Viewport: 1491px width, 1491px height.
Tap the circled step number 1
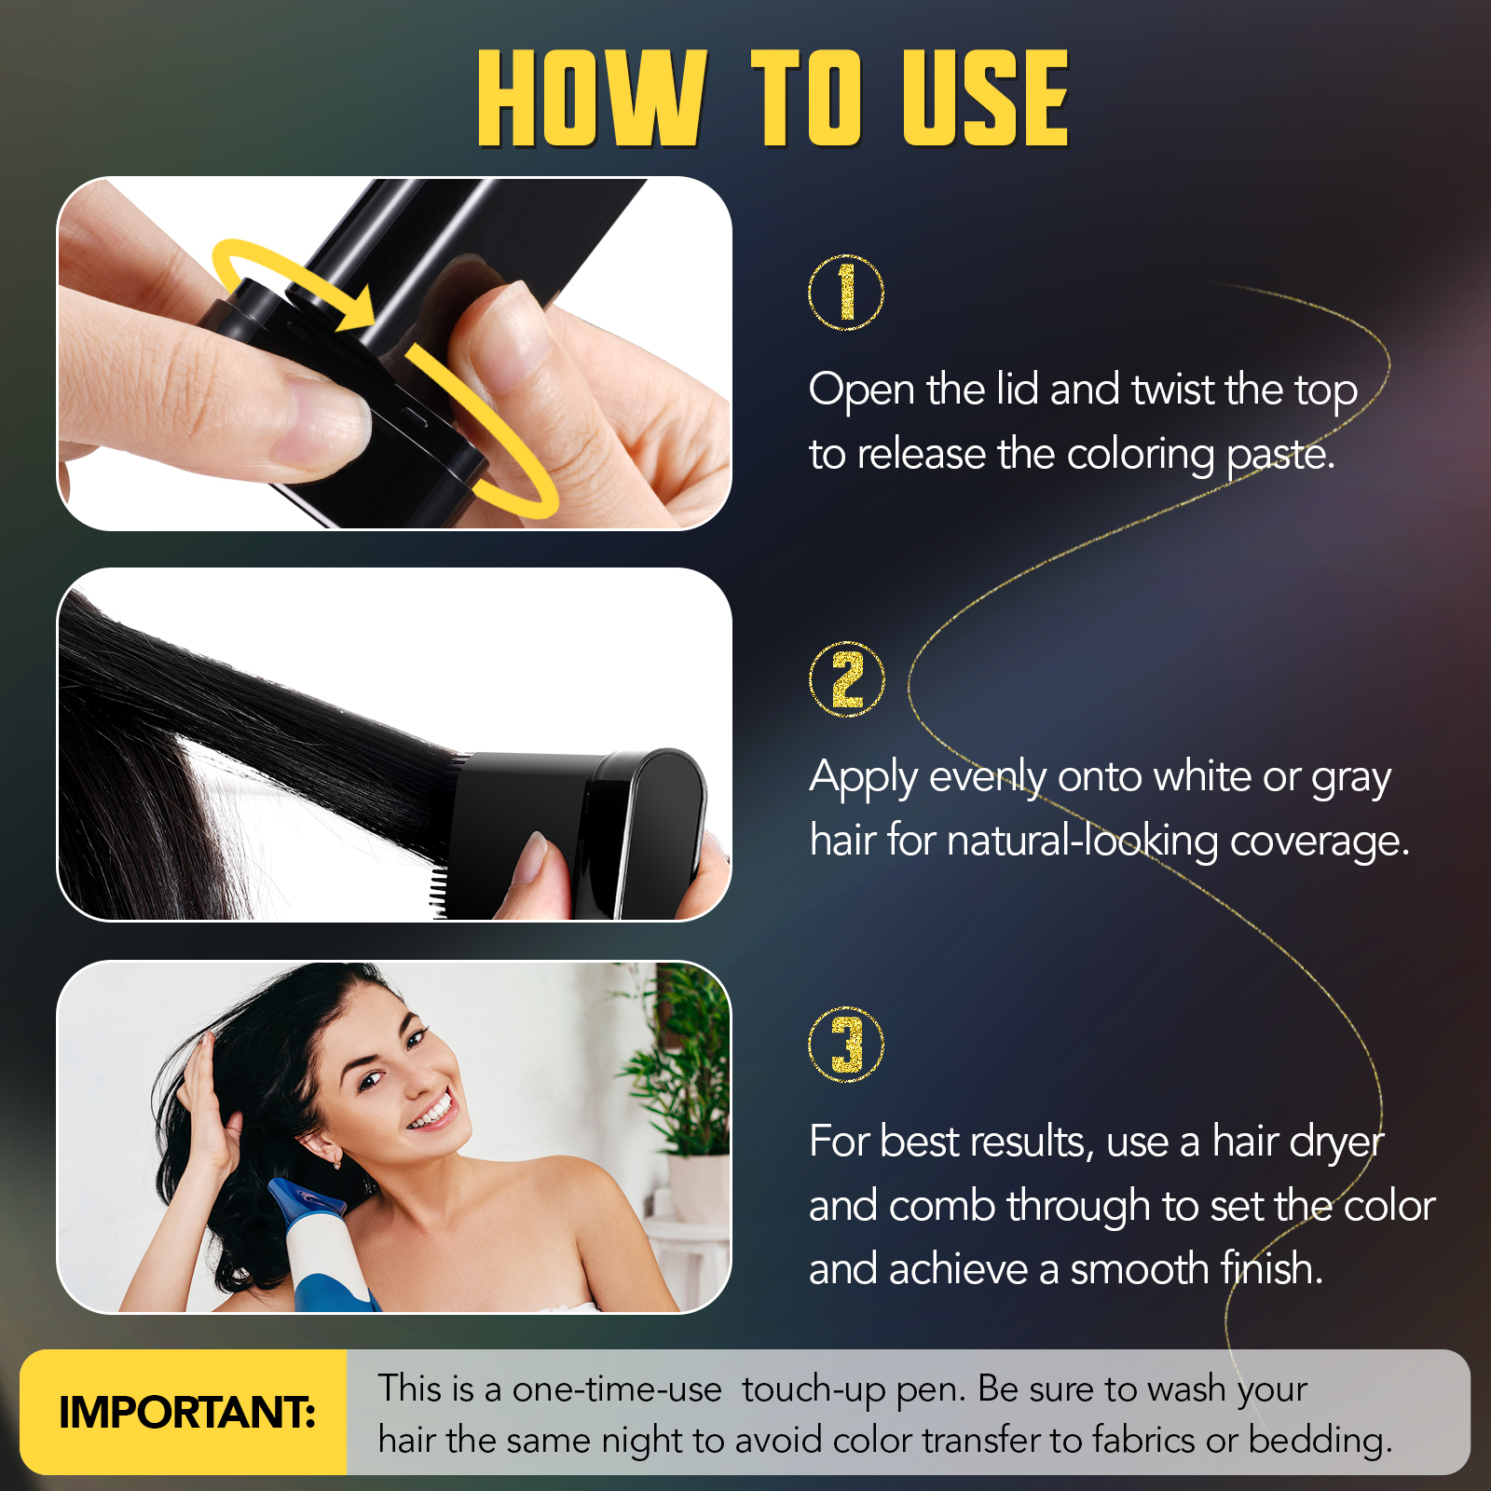coord(845,293)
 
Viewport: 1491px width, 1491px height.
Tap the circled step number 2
coord(846,679)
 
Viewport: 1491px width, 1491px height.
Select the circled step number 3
coord(845,1044)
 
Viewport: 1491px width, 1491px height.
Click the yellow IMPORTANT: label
coord(186,1412)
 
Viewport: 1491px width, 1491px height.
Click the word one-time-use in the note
coord(617,1389)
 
